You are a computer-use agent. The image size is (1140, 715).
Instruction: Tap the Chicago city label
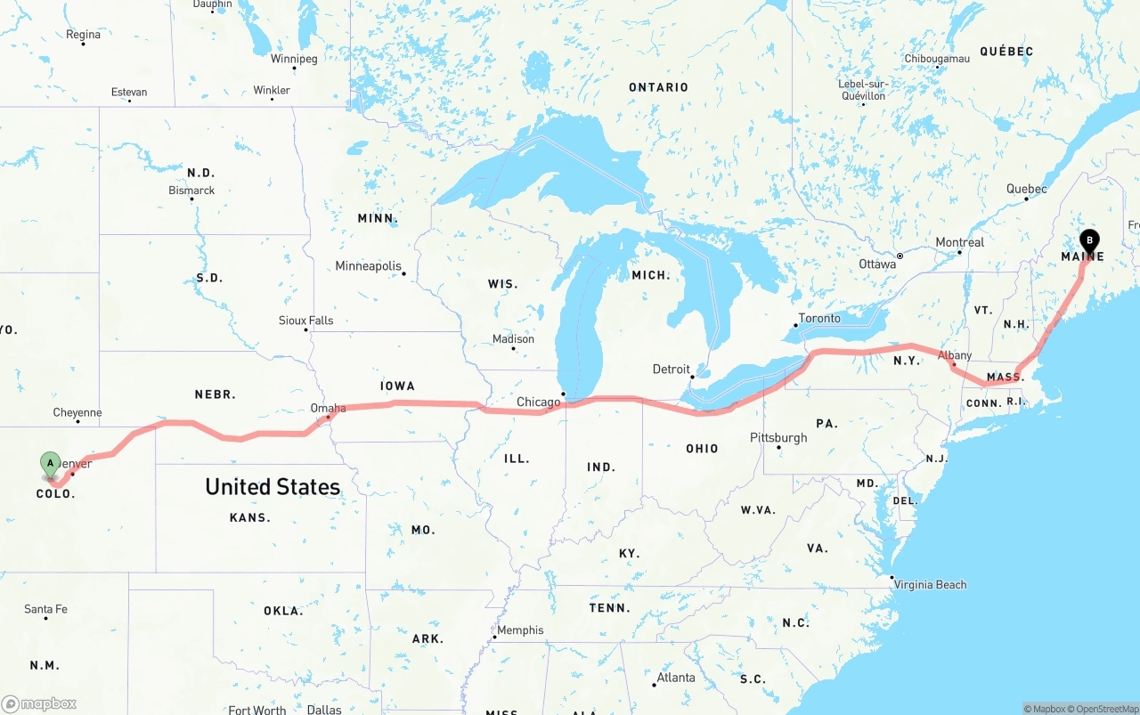coord(538,402)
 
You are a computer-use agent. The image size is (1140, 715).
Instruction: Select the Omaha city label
coord(328,408)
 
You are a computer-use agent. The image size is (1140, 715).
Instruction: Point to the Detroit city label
coord(671,369)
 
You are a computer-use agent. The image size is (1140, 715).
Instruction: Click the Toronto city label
coord(818,318)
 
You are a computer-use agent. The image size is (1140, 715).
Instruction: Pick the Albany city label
coord(955,355)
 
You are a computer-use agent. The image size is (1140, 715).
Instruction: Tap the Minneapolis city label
coord(368,265)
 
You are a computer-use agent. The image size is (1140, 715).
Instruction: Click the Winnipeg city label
coord(294,59)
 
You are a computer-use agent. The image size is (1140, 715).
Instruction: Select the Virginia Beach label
coord(932,584)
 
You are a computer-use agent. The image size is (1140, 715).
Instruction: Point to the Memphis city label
coord(520,630)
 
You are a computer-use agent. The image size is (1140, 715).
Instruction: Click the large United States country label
coord(273,486)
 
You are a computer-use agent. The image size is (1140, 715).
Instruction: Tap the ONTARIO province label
coord(658,87)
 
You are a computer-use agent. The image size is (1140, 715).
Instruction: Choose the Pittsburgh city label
coord(778,437)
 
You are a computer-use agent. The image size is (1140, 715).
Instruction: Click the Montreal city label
coord(959,242)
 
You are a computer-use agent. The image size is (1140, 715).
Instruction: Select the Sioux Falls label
coord(305,320)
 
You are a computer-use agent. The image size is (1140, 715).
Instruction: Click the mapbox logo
coord(39,703)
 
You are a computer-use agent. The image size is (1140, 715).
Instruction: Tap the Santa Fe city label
coord(45,609)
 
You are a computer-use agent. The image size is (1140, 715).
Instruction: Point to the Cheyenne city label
coord(77,412)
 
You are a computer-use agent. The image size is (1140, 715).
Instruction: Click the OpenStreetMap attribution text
coord(1104,709)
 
